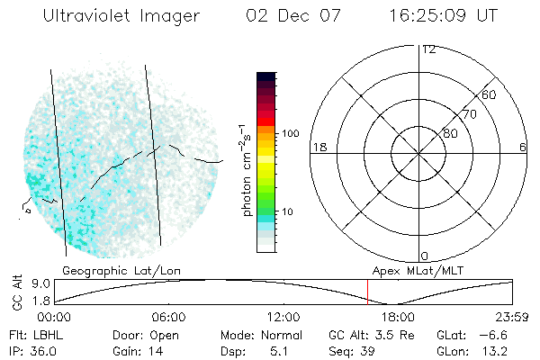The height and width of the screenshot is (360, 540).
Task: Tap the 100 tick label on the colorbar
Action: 290,133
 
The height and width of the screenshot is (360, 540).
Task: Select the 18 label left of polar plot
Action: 318,147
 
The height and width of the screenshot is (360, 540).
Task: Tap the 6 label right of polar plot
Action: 522,147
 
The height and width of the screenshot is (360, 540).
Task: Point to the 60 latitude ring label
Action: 490,94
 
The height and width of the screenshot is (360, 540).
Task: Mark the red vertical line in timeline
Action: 367,292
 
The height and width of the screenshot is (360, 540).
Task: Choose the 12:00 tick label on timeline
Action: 283,317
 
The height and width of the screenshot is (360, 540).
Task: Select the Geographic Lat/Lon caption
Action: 109,270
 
